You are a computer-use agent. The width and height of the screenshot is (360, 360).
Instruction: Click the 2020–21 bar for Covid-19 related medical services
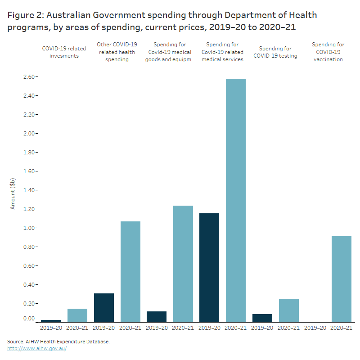coord(236,200)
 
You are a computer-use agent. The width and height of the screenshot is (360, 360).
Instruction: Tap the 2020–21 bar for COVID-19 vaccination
coord(341,279)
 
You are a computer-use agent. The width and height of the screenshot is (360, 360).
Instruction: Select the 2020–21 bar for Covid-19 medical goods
coord(183,264)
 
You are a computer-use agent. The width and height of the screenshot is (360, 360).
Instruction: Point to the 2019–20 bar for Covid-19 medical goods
coord(157,316)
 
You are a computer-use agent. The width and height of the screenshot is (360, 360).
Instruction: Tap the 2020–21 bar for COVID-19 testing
coord(288,310)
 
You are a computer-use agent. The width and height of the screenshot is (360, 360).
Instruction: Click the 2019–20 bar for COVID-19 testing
coord(262,318)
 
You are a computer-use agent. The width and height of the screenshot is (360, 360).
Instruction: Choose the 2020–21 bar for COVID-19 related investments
coord(78,315)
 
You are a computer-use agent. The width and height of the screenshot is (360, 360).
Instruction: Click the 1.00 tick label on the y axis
coord(29,228)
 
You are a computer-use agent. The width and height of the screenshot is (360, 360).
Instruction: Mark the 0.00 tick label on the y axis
coord(29,319)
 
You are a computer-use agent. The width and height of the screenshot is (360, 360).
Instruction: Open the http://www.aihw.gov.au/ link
coord(37,348)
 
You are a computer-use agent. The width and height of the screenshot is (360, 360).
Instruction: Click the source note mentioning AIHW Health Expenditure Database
coord(58,342)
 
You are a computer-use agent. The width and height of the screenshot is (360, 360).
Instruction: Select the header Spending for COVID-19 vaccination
coord(328,52)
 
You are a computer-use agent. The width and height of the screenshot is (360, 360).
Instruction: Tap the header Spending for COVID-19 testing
coord(275,52)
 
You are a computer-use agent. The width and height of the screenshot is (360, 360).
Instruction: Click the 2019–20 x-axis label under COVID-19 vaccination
coord(315,328)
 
